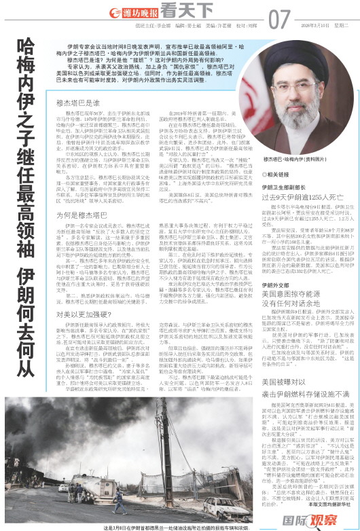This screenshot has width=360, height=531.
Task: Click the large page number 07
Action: click(279, 18)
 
